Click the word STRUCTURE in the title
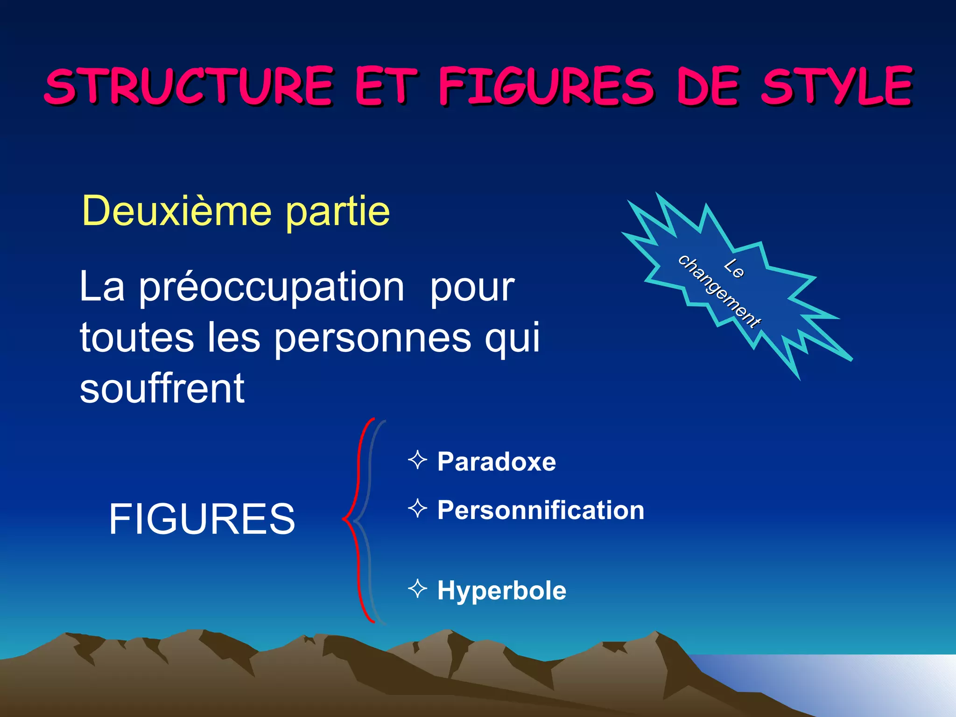(189, 86)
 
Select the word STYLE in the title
(836, 86)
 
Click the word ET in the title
(386, 86)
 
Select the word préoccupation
(272, 287)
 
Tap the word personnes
(373, 337)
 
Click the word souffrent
(162, 388)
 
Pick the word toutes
(137, 337)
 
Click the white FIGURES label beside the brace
(202, 519)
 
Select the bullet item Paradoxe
(497, 462)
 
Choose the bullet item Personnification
(541, 510)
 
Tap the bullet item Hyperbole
(502, 590)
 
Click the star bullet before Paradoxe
(417, 460)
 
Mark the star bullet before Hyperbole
(417, 589)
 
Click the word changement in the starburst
(719, 292)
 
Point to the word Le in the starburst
(734, 268)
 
